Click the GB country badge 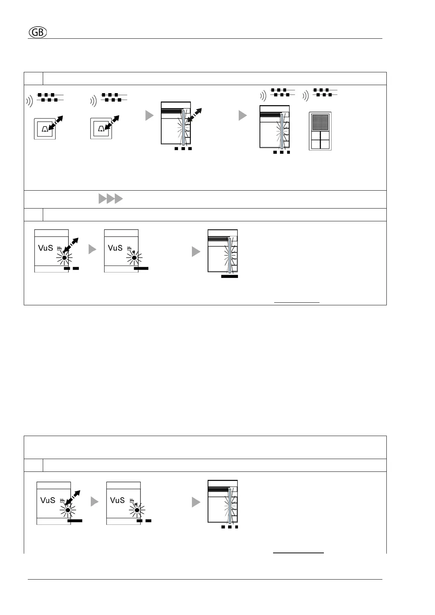pos(38,33)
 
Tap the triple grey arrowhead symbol pos(110,199)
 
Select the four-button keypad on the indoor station pos(320,140)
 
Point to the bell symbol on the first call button pos(45,129)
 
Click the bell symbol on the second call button pos(101,129)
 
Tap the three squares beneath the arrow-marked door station pos(183,149)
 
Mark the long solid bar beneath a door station pos(230,276)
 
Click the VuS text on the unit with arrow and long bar pos(48,500)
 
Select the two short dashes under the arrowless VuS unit pos(144,521)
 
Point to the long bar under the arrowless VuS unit pos(141,268)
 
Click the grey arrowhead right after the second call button pos(150,115)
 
